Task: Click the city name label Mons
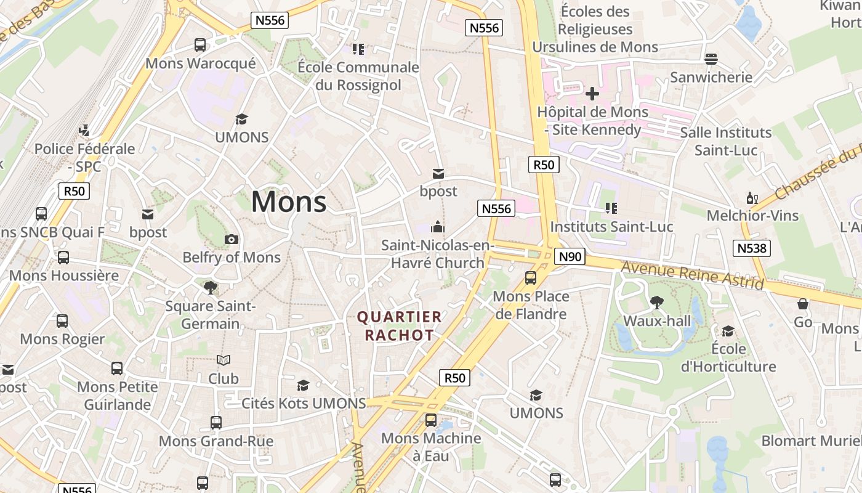pos(289,202)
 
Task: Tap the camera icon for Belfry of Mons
pos(232,239)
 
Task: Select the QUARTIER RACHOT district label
pos(400,326)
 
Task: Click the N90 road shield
pos(569,256)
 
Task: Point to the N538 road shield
pos(752,248)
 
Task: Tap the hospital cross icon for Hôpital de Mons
pos(592,94)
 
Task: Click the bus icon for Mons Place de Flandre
pos(531,278)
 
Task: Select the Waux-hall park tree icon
pos(657,302)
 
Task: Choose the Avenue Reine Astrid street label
pos(692,275)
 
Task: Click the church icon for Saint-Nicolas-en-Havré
pos(438,227)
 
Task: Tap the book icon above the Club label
pos(223,360)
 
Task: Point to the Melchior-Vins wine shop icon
pos(752,198)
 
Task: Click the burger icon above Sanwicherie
pos(711,59)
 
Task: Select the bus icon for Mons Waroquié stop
pos(200,45)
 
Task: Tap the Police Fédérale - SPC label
pos(84,157)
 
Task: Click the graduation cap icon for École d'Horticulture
pos(728,331)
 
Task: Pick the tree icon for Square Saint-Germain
pos(211,287)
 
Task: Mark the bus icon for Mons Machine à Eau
pos(431,420)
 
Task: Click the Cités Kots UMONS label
pos(304,403)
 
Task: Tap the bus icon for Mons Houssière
pos(63,258)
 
